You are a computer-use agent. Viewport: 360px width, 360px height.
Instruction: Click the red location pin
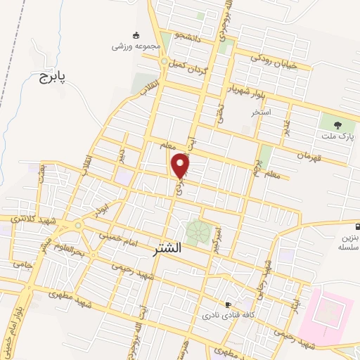click(x=181, y=165)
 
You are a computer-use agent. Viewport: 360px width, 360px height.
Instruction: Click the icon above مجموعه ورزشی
click(x=136, y=35)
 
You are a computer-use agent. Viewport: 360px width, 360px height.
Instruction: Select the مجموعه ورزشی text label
click(x=136, y=46)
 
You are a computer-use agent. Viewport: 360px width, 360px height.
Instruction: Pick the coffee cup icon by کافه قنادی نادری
click(x=228, y=304)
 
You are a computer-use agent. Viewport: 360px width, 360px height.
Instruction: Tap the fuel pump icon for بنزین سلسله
click(x=357, y=227)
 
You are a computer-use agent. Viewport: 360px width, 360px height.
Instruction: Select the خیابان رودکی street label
click(x=274, y=61)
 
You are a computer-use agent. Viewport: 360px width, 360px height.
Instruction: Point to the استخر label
click(x=262, y=112)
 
